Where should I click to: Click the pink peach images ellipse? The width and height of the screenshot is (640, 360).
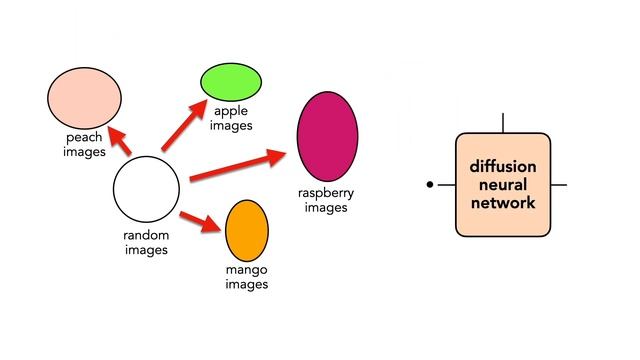coord(84,97)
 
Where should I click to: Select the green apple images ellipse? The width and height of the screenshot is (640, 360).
coord(230,81)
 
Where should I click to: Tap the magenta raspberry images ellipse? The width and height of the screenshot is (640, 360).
coord(327,136)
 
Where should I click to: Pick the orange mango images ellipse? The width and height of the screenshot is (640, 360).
coord(247,229)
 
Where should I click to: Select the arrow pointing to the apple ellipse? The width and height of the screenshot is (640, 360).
coord(183,127)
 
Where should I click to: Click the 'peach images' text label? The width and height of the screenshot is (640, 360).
coord(84,144)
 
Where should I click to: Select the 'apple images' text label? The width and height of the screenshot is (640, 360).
coord(231,119)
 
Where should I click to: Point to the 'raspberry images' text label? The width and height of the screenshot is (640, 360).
coord(326,200)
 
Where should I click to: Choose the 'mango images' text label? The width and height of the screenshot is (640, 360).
coord(247,277)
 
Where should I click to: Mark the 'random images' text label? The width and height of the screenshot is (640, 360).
coord(146,242)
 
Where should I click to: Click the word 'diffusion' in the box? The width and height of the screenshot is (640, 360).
coord(502,166)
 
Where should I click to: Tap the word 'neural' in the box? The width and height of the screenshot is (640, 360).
coord(502,184)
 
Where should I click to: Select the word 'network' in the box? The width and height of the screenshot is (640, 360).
coord(502,202)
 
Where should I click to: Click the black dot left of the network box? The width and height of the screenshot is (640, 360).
coord(430,185)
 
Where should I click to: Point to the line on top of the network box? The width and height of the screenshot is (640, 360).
coord(502,123)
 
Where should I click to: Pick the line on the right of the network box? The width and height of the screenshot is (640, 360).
coord(559,185)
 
